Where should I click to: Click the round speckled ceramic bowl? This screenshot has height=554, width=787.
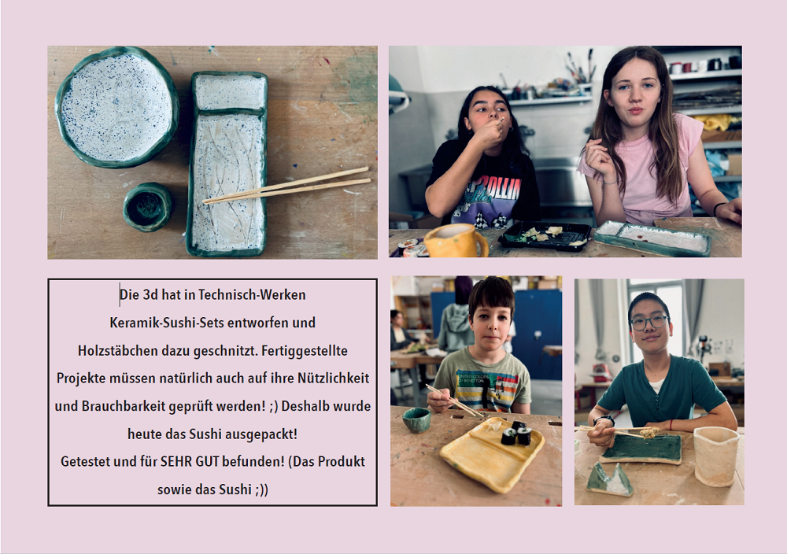pos(117,107)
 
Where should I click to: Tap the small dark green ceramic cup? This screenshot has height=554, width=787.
pos(148,207)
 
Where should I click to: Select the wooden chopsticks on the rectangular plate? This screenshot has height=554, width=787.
pos(286,185)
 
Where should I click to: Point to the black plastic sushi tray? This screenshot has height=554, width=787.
pos(545,235)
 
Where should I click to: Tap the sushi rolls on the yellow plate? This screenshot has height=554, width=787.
pos(517,434)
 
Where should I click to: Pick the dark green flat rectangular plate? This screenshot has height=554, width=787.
pos(641,449)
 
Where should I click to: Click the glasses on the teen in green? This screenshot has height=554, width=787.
pos(649,322)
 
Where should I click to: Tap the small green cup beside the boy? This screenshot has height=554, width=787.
pos(416,419)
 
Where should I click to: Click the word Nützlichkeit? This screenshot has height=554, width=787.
pos(333,378)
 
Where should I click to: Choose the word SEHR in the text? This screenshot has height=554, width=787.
pos(176,461)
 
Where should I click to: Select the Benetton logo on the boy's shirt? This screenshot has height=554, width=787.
pos(471,378)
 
